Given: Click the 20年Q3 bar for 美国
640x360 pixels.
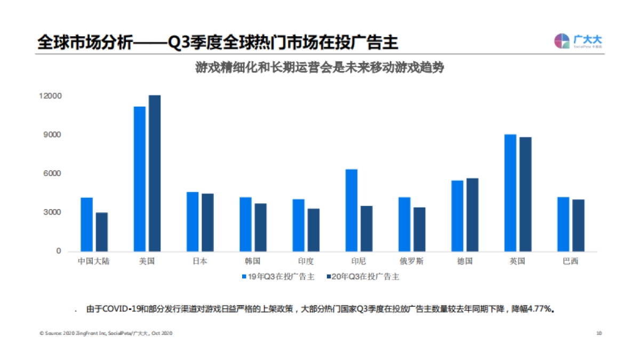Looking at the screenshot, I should click(x=155, y=173).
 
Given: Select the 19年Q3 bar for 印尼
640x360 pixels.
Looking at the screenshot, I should click(x=351, y=210).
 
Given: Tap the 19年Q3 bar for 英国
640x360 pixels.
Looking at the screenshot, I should click(x=510, y=193).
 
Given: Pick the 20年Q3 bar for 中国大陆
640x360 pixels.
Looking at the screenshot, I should click(x=101, y=232).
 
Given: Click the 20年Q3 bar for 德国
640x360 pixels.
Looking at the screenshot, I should click(x=472, y=214).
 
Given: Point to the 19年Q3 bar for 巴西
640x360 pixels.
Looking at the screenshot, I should click(x=563, y=224).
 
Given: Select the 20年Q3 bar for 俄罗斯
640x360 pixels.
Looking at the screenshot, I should click(x=419, y=229).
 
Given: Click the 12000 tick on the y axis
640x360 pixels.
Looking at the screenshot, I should click(x=50, y=96).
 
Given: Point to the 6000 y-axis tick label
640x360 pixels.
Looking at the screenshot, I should click(x=52, y=174).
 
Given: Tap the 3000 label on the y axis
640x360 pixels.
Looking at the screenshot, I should click(x=52, y=212).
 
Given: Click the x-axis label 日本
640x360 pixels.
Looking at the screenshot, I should click(x=200, y=261).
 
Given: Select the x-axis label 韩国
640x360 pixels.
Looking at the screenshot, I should click(x=253, y=261).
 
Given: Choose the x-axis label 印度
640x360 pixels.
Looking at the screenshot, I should click(x=306, y=261).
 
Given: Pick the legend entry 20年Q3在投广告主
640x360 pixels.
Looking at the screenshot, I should click(x=366, y=277).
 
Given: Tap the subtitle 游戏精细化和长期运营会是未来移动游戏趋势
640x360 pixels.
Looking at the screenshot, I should click(x=320, y=69).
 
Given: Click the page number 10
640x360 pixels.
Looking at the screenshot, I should click(x=599, y=333).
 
